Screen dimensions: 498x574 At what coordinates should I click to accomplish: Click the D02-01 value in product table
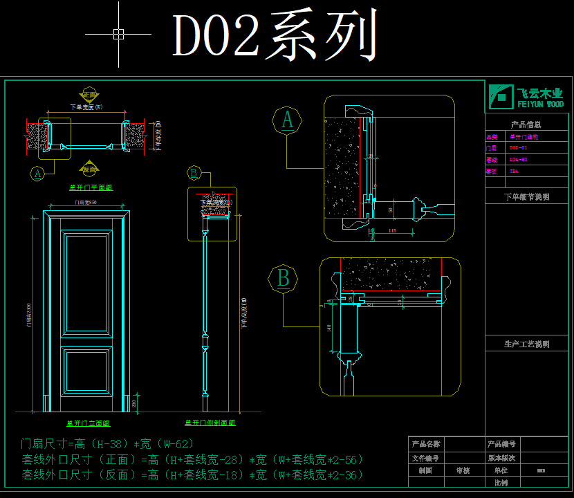(x=519, y=148)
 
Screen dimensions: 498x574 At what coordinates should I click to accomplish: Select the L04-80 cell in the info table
(x=519, y=160)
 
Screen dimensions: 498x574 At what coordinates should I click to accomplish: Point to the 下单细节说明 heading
(x=526, y=197)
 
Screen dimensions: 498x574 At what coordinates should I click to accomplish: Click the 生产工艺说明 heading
(x=526, y=344)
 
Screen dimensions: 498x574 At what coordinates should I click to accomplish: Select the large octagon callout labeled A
(x=287, y=120)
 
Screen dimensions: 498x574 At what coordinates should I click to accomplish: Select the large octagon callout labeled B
(x=283, y=279)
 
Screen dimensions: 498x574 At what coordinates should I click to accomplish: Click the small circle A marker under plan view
(x=39, y=173)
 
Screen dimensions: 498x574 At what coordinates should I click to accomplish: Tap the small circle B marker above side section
(x=194, y=173)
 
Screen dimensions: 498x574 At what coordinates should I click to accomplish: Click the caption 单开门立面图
(x=89, y=423)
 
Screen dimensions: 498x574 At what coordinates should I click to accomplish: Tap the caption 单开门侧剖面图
(x=210, y=423)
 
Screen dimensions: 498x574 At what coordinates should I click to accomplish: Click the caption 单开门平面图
(x=91, y=187)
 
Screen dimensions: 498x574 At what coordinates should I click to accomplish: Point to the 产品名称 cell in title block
(x=426, y=444)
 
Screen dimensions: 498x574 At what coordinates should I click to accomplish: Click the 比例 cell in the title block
(x=501, y=483)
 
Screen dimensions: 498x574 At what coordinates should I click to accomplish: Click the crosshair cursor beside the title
(x=118, y=33)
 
